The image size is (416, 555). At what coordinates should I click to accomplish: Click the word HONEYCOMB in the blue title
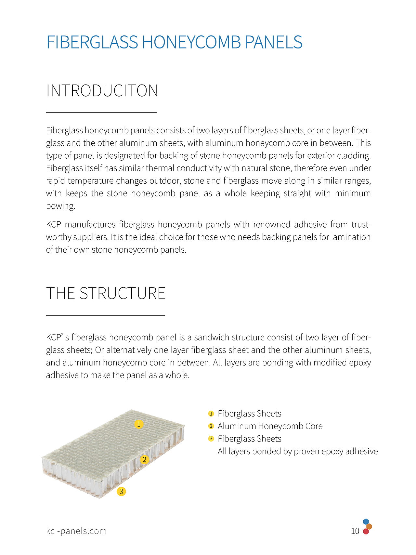click(x=191, y=42)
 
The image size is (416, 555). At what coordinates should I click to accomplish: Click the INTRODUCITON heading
click(x=102, y=91)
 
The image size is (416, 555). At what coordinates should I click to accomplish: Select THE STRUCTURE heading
click(x=106, y=293)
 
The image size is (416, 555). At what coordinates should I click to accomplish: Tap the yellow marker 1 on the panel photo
click(x=139, y=424)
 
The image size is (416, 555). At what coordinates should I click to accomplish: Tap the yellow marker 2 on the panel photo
click(x=144, y=459)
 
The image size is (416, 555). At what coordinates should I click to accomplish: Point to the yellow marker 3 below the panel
click(x=121, y=491)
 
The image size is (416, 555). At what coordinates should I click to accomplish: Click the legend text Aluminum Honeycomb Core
click(x=270, y=426)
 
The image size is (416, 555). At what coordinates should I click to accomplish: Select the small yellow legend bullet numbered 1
click(x=211, y=414)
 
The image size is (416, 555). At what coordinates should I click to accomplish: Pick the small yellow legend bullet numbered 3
click(x=211, y=439)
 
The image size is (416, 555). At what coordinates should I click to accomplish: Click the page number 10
click(x=355, y=531)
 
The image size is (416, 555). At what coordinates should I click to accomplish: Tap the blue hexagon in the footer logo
click(x=366, y=522)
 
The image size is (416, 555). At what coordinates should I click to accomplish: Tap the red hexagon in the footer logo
click(x=366, y=532)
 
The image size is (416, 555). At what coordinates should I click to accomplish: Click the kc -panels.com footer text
click(x=76, y=531)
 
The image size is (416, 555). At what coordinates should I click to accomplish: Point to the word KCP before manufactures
click(x=53, y=225)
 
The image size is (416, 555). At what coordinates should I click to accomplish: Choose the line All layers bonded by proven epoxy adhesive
click(x=297, y=451)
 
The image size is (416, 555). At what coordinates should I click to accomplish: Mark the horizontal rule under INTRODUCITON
click(x=101, y=112)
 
